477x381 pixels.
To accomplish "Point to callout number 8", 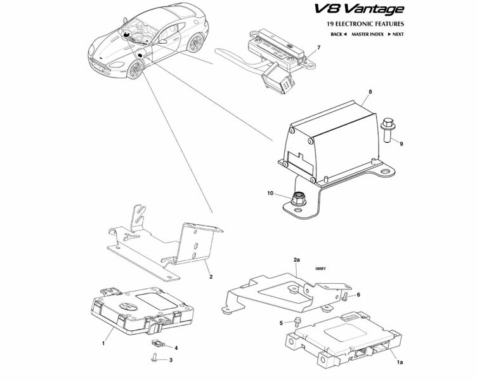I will tap(369, 92).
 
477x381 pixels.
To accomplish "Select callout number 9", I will tap(401, 145).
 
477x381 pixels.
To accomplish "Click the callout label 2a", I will tap(296, 260).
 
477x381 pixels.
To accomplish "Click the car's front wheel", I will tap(136, 69).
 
